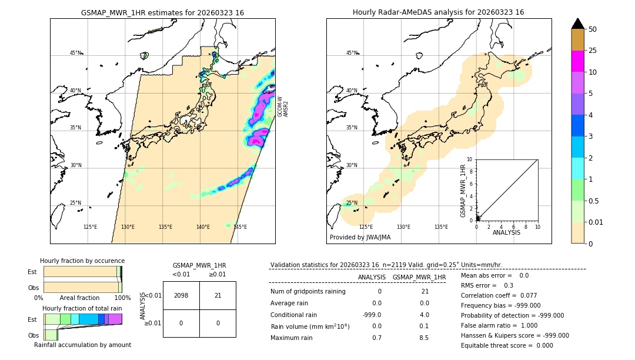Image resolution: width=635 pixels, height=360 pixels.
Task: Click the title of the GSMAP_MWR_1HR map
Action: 162,12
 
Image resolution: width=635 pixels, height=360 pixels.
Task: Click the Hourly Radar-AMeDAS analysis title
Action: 438,12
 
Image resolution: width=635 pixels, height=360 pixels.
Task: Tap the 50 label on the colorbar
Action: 593,29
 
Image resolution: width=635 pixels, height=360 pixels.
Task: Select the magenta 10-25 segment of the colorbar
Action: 577,61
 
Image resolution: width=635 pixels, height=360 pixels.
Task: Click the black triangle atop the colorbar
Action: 577,24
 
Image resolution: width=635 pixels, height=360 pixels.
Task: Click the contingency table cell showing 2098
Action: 181,295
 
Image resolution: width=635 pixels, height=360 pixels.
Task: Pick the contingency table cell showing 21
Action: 218,295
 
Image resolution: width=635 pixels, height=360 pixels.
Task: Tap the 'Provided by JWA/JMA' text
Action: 360,237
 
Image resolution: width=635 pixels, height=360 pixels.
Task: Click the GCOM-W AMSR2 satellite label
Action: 283,107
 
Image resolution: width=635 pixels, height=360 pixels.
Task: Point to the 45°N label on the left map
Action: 75,53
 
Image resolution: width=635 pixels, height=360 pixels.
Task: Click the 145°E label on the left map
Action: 240,227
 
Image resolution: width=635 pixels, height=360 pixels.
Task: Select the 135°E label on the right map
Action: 441,227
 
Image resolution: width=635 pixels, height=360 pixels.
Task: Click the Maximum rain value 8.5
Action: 424,338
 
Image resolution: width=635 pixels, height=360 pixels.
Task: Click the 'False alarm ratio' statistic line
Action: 492,325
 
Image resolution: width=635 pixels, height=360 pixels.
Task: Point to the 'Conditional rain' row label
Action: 294,315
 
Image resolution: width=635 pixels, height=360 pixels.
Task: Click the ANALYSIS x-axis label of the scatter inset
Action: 507,233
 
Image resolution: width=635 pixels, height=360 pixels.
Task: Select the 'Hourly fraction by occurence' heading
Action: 82,261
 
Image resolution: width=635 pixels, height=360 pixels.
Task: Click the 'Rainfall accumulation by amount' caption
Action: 82,345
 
